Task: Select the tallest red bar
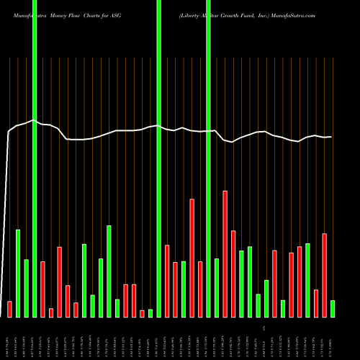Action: click(225, 253)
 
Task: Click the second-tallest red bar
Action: click(192, 258)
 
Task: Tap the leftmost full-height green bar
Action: click(34, 158)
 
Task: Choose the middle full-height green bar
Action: click(158, 158)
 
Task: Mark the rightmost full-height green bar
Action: click(208, 158)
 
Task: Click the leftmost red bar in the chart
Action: click(9, 309)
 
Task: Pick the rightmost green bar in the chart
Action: click(333, 308)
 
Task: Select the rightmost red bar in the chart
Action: click(324, 275)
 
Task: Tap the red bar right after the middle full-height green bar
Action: click(167, 281)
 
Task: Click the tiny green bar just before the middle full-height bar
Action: click(150, 312)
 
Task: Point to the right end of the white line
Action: click(330, 137)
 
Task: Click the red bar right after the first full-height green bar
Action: click(42, 289)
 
